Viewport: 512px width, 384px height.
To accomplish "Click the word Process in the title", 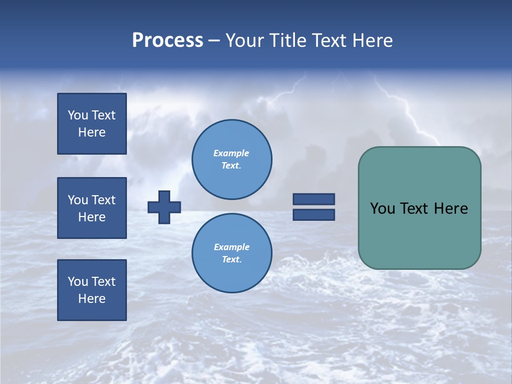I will [x=167, y=41].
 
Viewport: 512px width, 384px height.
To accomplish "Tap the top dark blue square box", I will [x=92, y=124].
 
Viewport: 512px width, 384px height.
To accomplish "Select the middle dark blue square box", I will [x=92, y=208].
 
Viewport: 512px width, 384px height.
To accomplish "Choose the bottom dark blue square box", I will [x=92, y=290].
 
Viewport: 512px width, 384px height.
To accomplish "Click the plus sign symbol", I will [x=164, y=207].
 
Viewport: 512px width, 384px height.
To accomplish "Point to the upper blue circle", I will [x=231, y=159].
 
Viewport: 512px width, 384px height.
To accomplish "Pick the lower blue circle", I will [x=231, y=253].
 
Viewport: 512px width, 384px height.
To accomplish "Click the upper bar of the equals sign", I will [x=314, y=199].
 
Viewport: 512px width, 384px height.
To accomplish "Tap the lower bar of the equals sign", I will [x=314, y=214].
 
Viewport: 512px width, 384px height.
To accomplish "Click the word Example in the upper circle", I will [x=231, y=154].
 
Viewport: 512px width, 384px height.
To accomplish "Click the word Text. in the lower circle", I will [x=231, y=260].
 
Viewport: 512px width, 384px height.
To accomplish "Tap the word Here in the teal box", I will [x=451, y=209].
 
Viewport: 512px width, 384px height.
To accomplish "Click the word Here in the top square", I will [x=92, y=132].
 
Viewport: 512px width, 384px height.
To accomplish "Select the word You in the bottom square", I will [x=78, y=282].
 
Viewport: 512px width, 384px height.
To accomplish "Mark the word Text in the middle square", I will [x=103, y=200].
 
